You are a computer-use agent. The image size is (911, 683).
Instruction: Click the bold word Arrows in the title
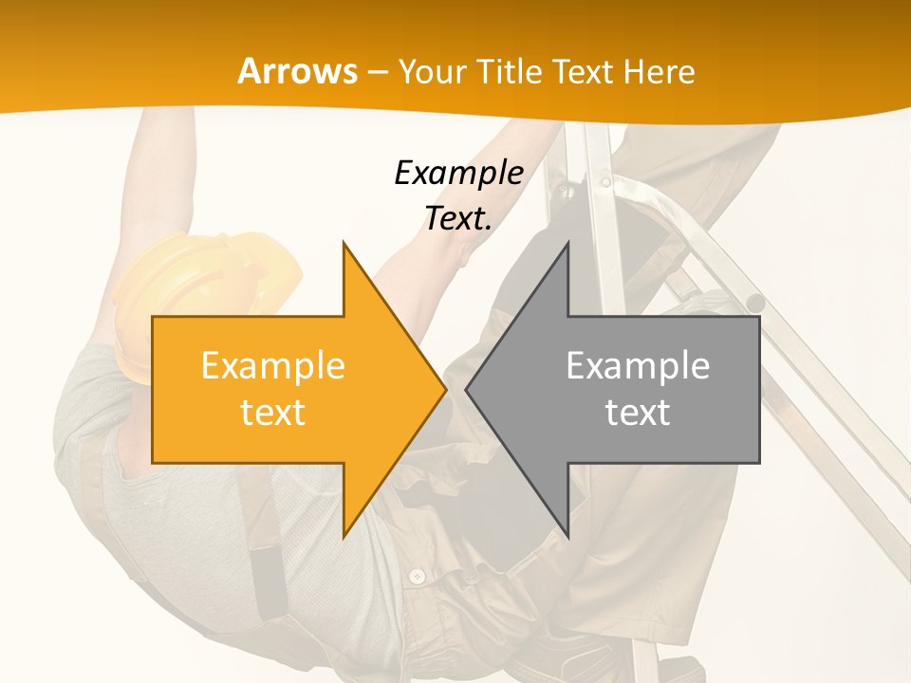298,71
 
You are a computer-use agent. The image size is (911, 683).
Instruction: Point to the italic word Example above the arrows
458,173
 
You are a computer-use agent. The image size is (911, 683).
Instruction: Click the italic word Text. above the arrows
458,218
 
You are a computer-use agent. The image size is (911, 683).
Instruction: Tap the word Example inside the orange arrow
273,365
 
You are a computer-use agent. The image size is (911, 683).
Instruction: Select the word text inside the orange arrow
273,413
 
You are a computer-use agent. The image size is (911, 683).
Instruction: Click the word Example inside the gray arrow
638,365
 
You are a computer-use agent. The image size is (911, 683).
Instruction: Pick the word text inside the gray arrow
638,413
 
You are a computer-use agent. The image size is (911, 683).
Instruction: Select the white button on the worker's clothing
417,576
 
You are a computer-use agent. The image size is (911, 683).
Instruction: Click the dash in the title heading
378,73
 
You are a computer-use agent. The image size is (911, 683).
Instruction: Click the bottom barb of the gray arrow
567,535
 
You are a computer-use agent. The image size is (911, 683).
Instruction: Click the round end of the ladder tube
754,304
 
